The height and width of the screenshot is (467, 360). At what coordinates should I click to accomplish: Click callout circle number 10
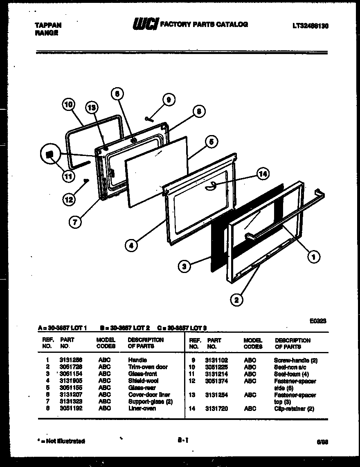coord(68,105)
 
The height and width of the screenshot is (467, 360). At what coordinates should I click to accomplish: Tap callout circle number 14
coord(263,174)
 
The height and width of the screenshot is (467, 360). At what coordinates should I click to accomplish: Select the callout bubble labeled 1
coord(313,257)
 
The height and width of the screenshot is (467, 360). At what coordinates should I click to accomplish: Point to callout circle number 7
coord(74,221)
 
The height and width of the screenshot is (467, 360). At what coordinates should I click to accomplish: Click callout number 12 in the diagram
coord(70,199)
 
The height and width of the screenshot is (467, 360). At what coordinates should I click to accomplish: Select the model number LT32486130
coord(310,26)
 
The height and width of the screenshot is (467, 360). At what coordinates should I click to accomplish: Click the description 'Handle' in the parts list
coord(137,360)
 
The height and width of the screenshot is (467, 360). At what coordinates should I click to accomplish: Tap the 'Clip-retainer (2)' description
coord(294,408)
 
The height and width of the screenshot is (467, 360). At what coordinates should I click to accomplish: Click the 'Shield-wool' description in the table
coord(143,381)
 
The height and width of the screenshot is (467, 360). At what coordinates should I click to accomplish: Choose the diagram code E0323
coord(317,322)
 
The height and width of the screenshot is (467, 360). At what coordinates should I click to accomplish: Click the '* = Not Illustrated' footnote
coord(61,441)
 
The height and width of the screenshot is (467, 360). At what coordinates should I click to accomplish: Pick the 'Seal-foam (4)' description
coord(291,374)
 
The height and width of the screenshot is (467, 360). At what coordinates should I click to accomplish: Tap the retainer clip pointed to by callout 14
coord(210,187)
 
